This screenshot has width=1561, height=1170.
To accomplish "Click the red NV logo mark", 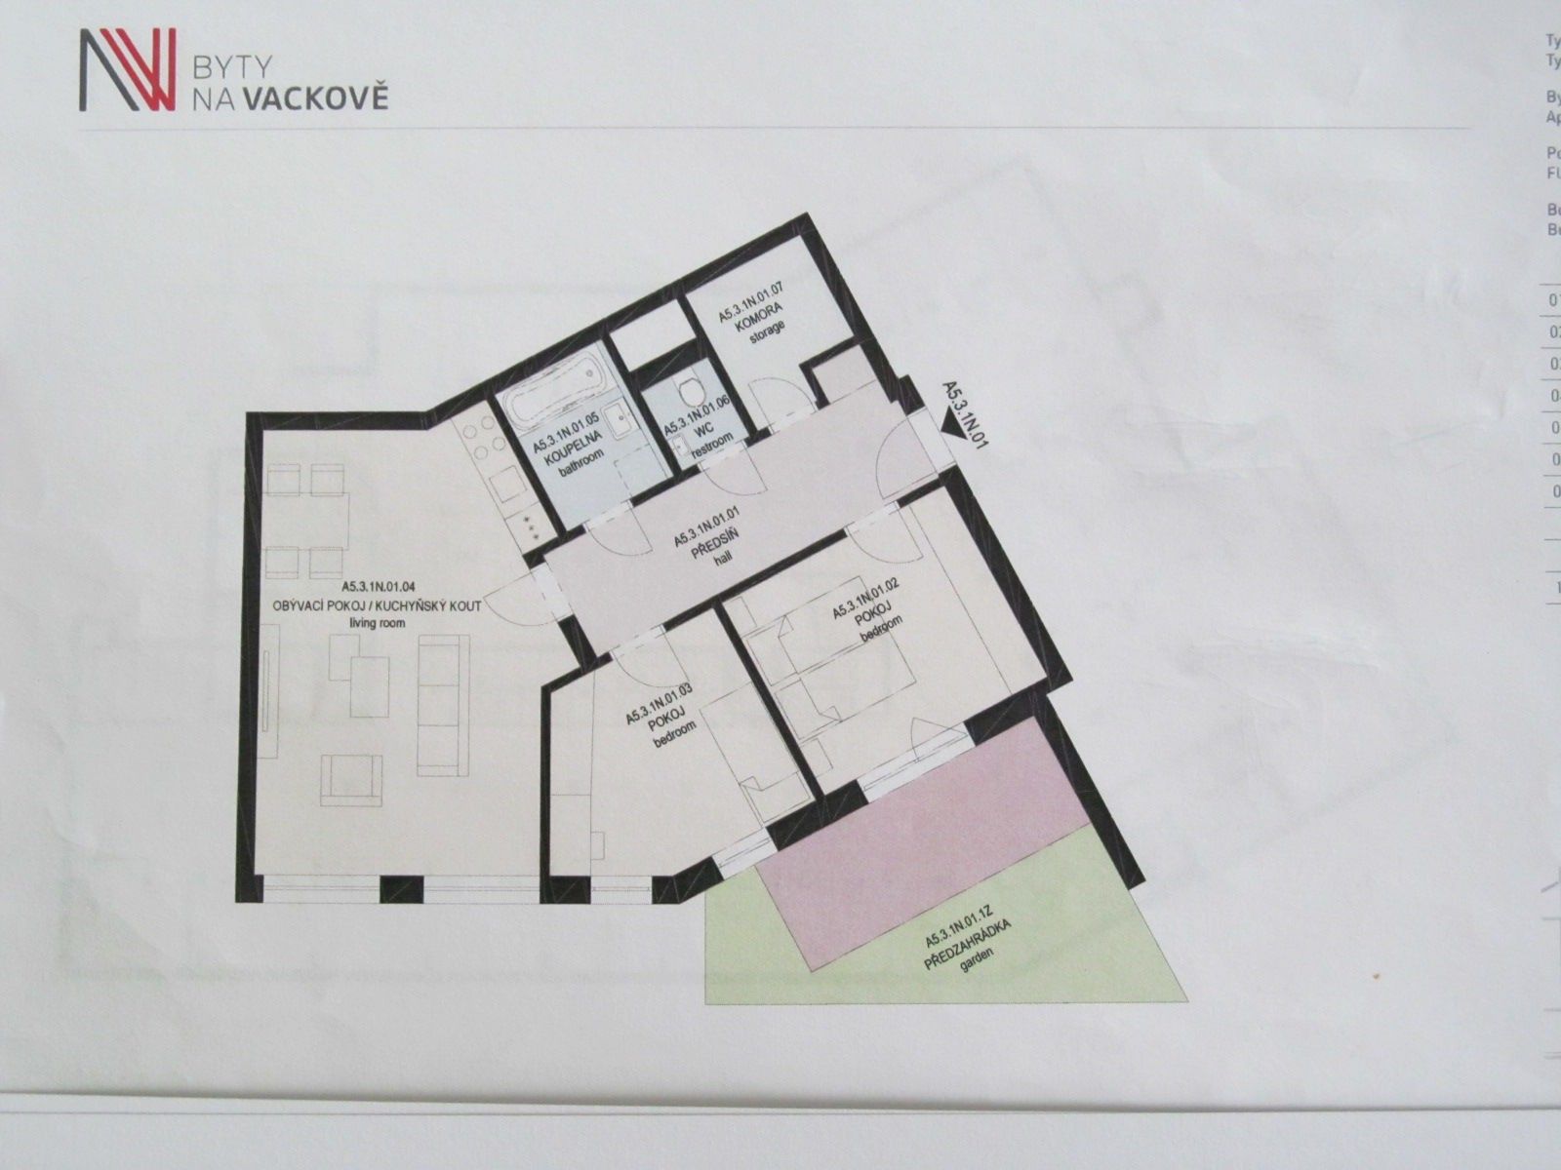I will pos(128,69).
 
